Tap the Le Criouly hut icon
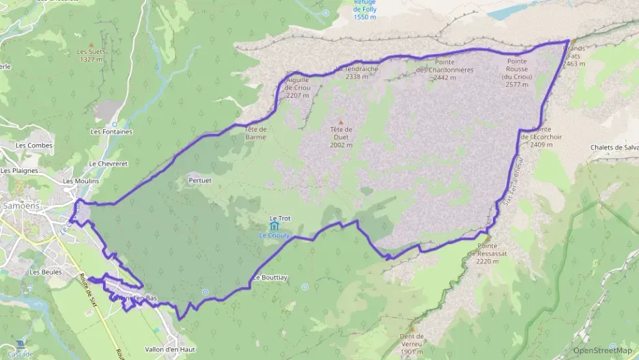(x=274, y=225)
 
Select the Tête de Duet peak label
(x=341, y=137)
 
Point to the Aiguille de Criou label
(x=298, y=87)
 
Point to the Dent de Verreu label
(x=412, y=340)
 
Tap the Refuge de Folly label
(x=365, y=10)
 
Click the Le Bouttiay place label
(x=270, y=278)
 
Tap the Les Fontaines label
(x=111, y=131)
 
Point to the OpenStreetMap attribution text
(x=602, y=350)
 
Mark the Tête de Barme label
(x=256, y=133)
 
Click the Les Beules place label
(x=45, y=272)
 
